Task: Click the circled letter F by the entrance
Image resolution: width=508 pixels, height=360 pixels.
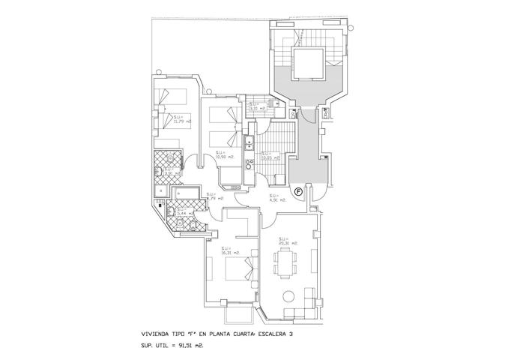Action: click(x=298, y=193)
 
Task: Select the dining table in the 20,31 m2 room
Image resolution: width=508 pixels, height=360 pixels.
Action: click(x=285, y=263)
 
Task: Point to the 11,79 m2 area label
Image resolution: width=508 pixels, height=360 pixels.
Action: click(x=182, y=118)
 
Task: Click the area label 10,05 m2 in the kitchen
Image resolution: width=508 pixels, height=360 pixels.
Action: click(x=270, y=156)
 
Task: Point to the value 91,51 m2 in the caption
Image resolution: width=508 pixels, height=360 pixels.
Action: click(x=190, y=346)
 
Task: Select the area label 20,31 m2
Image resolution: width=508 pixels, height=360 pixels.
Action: click(x=288, y=241)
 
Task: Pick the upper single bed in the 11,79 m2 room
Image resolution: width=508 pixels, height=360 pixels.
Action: click(x=172, y=97)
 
